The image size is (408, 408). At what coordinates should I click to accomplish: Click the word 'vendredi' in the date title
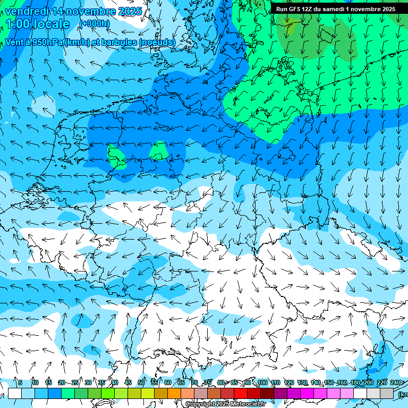click(x=26, y=11)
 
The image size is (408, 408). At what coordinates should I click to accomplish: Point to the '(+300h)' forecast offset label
click(x=95, y=23)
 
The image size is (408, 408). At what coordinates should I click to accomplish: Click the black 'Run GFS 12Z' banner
click(x=335, y=9)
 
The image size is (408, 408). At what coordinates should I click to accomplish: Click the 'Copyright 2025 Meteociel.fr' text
click(x=225, y=404)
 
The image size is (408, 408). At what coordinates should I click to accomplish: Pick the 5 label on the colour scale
click(x=20, y=382)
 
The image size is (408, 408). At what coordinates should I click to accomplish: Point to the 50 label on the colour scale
click(x=141, y=382)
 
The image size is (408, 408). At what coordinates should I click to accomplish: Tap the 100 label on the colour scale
click(x=262, y=382)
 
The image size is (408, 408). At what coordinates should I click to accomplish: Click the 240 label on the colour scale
click(x=395, y=382)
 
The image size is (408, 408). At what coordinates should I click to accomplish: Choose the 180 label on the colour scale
click(x=355, y=382)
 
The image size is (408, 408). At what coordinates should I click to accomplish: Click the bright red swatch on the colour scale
click(x=241, y=393)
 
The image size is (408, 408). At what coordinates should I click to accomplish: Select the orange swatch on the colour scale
click(x=174, y=393)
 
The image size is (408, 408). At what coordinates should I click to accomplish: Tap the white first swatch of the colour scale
click(x=15, y=393)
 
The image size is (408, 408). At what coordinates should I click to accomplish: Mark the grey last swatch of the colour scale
click(x=387, y=393)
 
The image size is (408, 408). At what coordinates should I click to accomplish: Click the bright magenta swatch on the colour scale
click(x=307, y=393)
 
